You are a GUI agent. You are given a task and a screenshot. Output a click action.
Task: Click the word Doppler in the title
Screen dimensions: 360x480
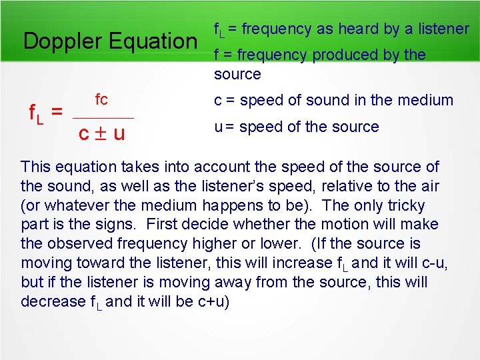pyautogui.click(x=62, y=41)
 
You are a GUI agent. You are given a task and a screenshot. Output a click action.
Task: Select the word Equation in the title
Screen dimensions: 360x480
pyautogui.click(x=153, y=41)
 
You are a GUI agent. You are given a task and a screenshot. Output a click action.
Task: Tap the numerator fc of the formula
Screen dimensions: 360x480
pyautogui.click(x=101, y=100)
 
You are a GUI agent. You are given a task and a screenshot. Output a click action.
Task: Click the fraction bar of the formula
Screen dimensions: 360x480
pyautogui.click(x=104, y=118)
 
